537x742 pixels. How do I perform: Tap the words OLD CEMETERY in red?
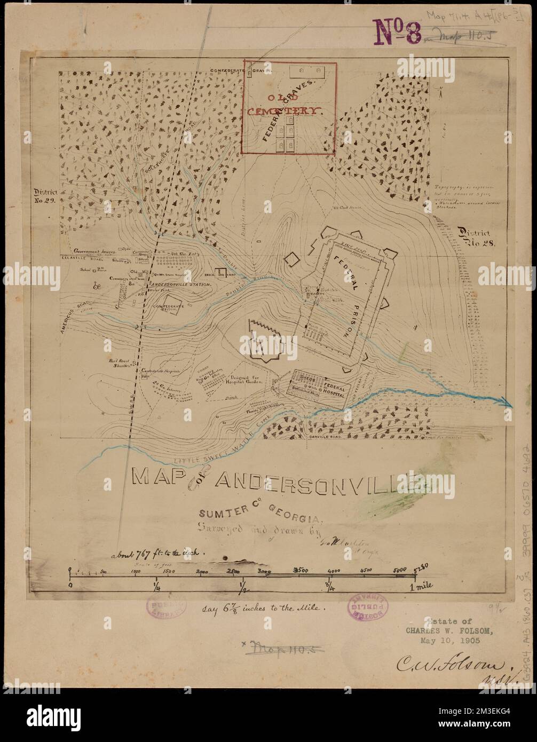click(287, 105)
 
